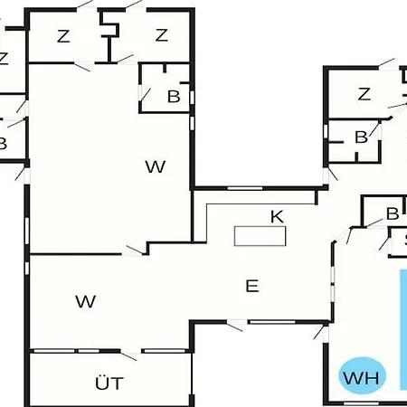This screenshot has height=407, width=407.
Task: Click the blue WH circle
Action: coord(362,376)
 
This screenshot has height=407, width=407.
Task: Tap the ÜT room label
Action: coord(109,383)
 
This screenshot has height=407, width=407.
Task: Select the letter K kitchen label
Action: coord(277,217)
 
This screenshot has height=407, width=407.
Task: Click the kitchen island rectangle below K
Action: coord(260,236)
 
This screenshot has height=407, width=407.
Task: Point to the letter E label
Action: coord(252,286)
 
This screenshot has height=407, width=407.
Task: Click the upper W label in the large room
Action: coord(156,166)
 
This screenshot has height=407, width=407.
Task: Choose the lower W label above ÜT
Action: coord(86,301)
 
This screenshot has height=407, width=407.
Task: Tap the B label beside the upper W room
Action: coord(174,97)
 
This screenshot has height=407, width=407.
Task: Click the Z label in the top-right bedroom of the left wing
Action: coord(162,35)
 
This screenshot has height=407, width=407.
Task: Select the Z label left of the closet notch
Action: coord(63,36)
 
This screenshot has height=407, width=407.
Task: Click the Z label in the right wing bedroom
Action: coord(364,94)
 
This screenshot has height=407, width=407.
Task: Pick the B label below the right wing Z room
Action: coord(361,137)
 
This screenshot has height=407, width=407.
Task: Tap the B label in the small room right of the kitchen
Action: coord(393,213)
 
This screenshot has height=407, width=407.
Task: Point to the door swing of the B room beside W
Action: coord(145,95)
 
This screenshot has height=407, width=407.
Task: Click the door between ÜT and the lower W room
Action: coord(128,355)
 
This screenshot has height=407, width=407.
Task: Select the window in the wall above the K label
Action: coord(244,188)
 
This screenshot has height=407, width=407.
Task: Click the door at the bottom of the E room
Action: coord(235,326)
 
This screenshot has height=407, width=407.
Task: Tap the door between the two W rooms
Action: coord(135,251)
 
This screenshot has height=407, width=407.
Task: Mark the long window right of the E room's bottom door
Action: coord(273,322)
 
